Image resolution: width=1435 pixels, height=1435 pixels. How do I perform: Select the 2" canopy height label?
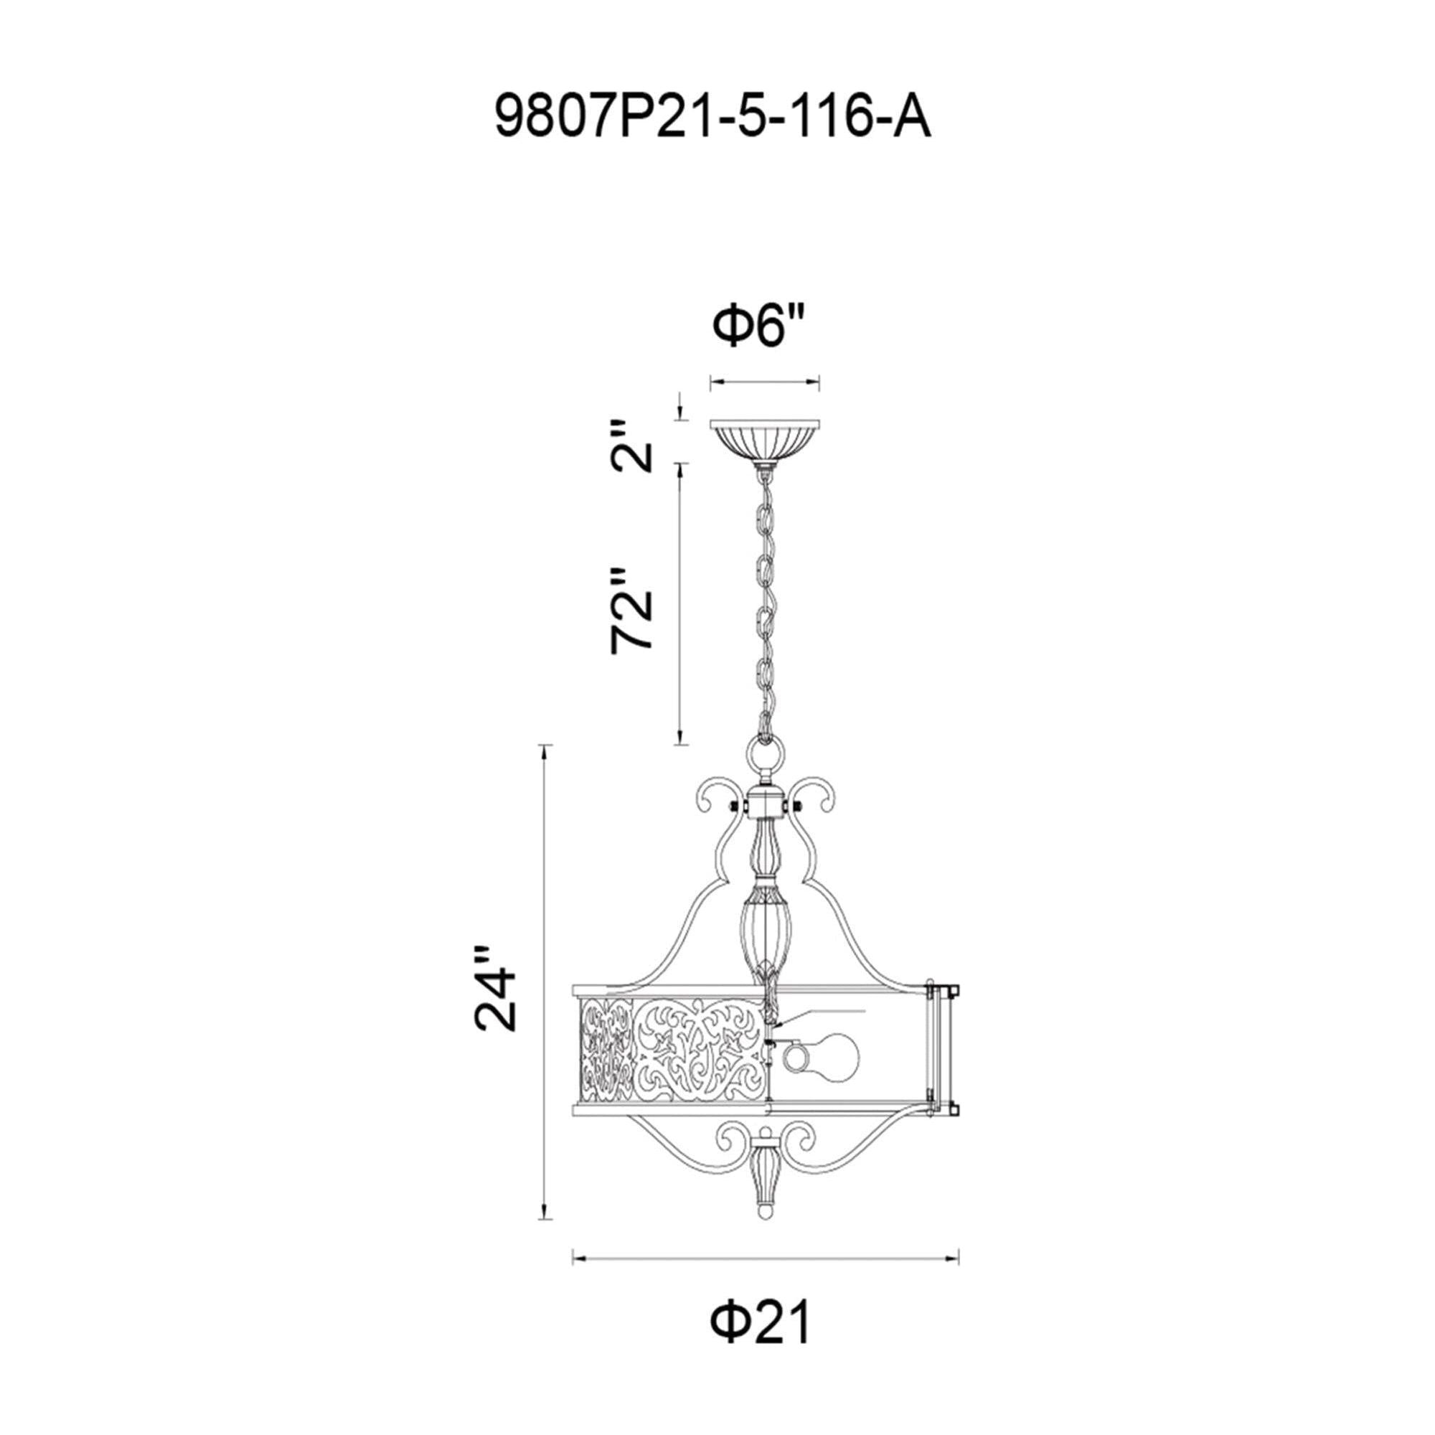[632, 446]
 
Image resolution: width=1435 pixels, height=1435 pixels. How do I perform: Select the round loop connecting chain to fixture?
[765, 759]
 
